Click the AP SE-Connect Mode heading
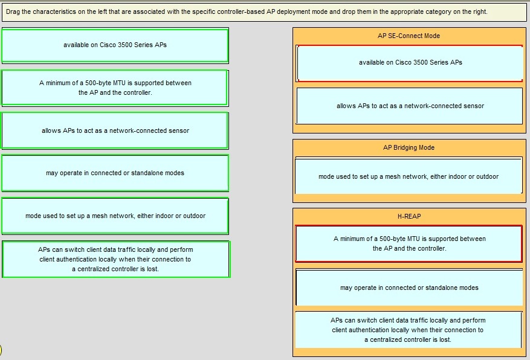409,36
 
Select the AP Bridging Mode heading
409,147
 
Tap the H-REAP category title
409,216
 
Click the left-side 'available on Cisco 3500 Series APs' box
115,45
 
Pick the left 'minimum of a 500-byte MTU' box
115,88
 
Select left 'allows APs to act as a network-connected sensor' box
115,130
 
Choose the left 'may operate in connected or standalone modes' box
115,173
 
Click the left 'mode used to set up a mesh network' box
115,216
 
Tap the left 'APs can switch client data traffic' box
116,259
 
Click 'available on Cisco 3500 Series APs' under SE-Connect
409,63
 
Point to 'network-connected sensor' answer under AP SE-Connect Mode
409,106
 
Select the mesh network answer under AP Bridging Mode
409,176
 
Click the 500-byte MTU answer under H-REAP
409,244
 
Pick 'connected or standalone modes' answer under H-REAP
409,288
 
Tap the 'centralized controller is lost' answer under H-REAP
409,330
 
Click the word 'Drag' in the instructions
13,12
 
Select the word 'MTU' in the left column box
118,83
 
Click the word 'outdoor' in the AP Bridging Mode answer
488,176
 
